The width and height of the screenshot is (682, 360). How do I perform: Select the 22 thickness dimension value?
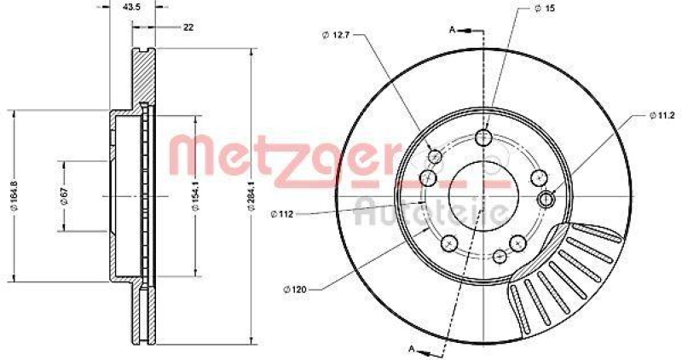[188, 27]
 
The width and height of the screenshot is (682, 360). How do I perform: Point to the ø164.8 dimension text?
[12, 196]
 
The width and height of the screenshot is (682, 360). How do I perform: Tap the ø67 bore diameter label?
[64, 195]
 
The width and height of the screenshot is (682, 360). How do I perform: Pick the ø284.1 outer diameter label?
[250, 195]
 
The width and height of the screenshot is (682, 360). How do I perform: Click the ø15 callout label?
[545, 9]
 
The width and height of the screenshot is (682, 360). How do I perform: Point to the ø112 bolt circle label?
[283, 213]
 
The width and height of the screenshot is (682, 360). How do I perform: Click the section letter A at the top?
[452, 29]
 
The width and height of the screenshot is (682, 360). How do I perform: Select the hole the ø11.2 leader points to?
[547, 199]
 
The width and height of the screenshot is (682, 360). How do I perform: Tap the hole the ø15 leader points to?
[483, 138]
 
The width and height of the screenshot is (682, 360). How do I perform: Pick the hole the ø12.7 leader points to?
[435, 156]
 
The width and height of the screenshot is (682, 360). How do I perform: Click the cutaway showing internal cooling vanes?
[563, 273]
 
